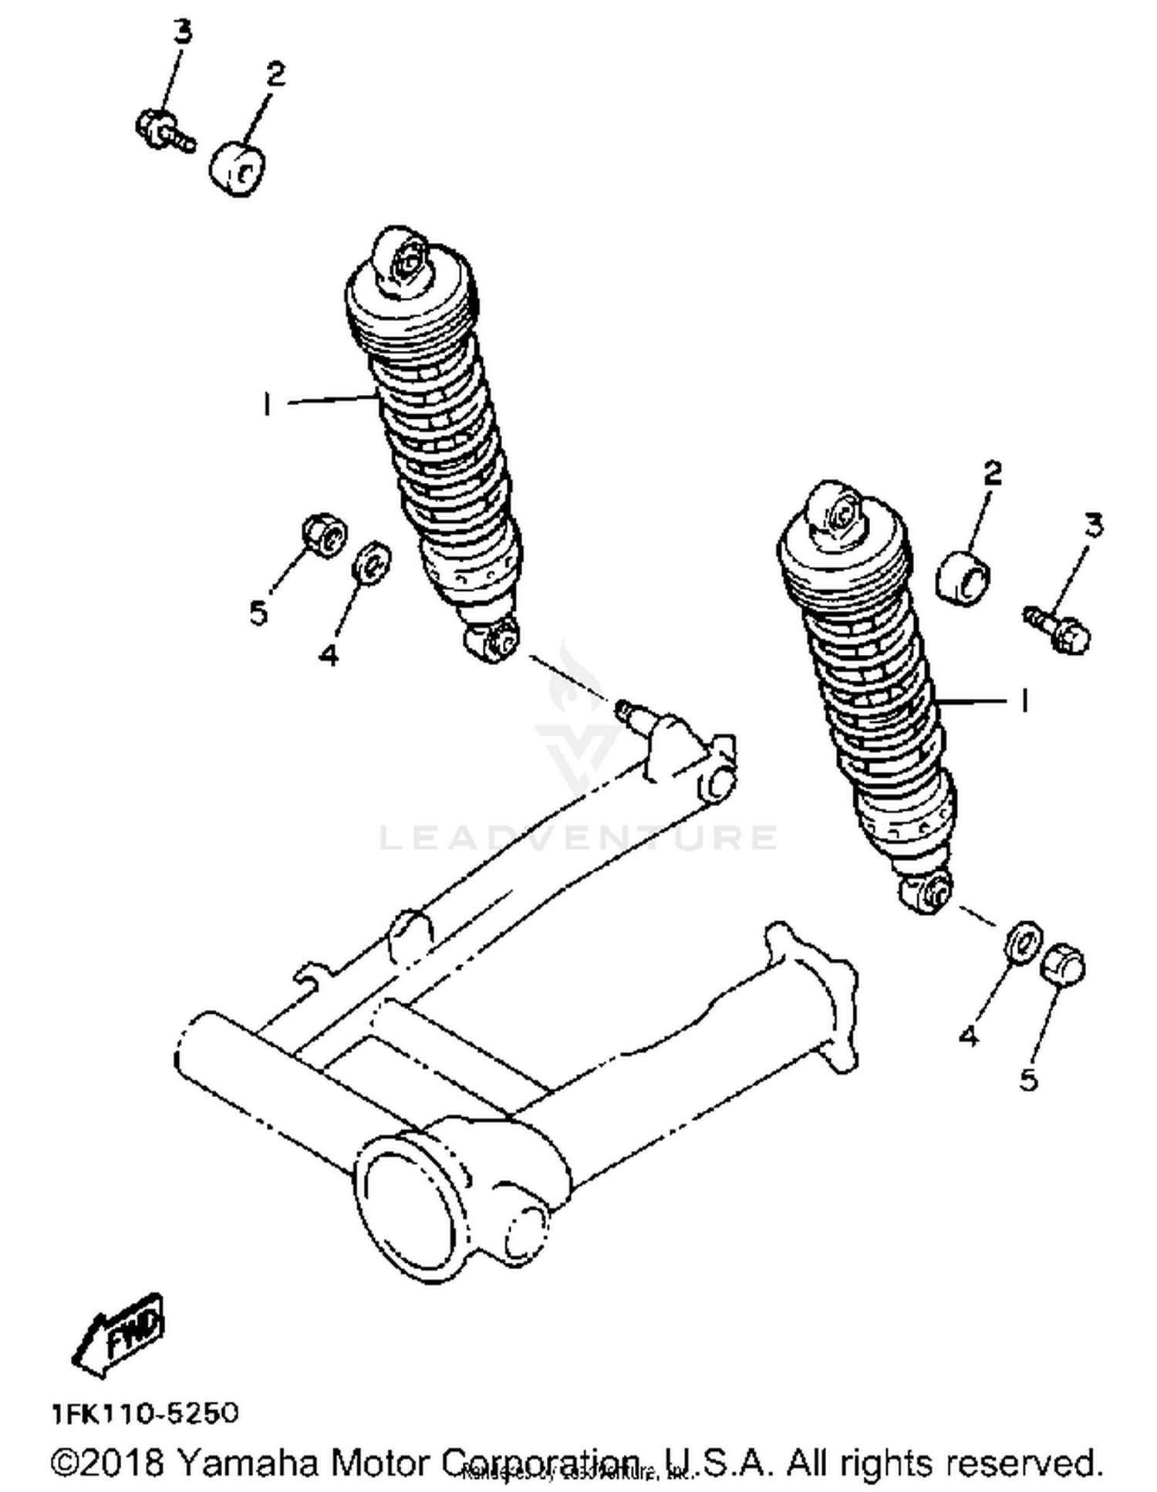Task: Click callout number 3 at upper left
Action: coord(181,32)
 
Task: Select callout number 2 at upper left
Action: coord(275,74)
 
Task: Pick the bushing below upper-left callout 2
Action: coord(238,167)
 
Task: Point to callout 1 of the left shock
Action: coord(267,403)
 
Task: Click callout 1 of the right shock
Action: coord(1024,700)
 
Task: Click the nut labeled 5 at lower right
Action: coord(1064,964)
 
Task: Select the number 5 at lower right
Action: coord(1029,1080)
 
